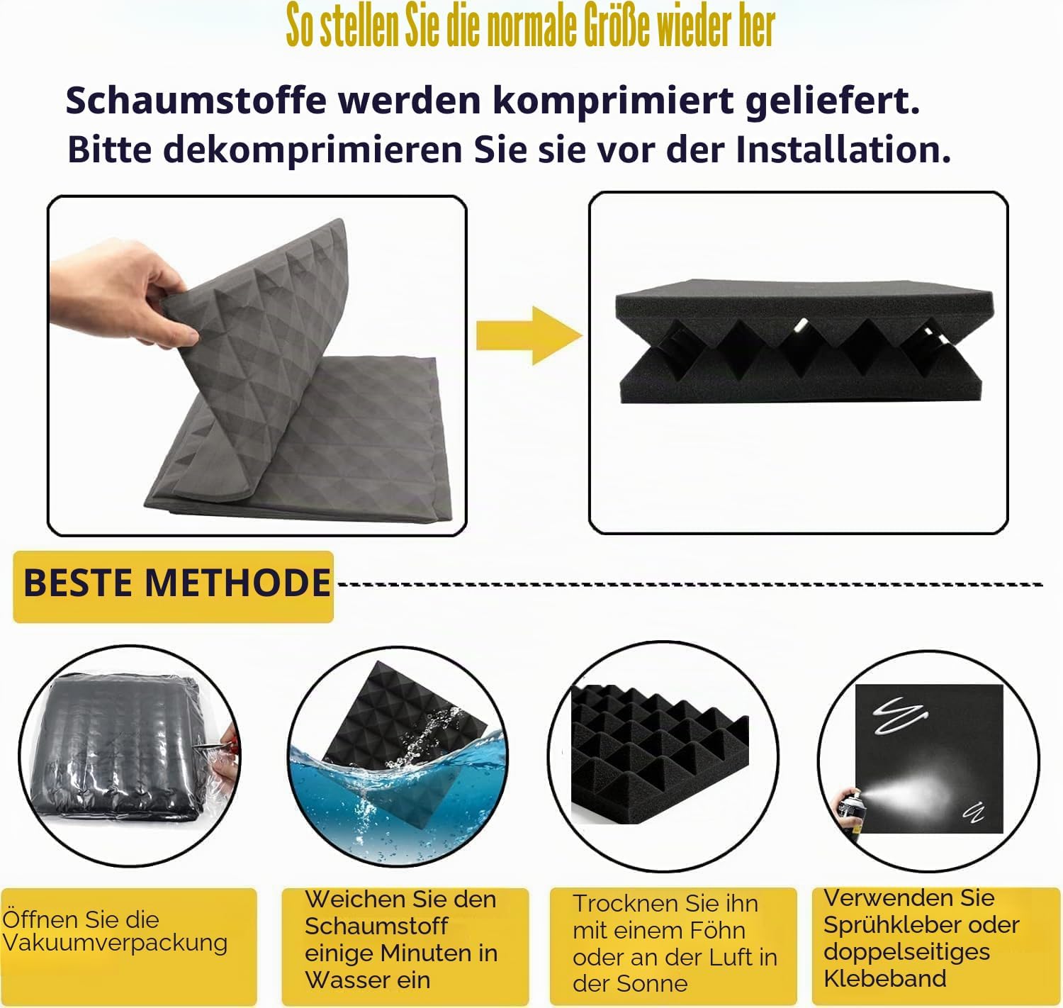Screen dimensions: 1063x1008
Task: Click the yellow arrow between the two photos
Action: pos(529,335)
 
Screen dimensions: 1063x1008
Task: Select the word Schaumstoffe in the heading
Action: pos(196,101)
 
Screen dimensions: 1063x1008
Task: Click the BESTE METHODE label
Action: pos(176,583)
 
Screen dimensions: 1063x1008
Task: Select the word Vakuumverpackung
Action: pos(115,942)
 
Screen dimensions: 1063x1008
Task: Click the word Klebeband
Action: pos(885,978)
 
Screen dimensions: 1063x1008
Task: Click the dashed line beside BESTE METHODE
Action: pos(690,584)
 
